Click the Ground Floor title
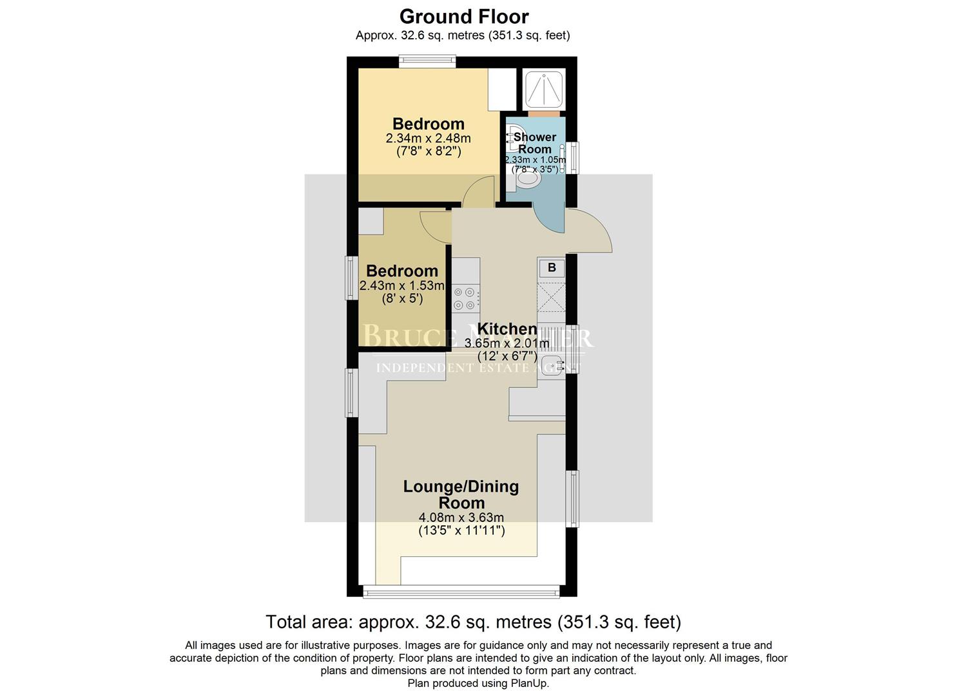(464, 16)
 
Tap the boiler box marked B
(552, 267)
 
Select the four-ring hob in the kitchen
(465, 299)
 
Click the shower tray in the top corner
(544, 90)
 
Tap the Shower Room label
(534, 143)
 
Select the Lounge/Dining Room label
(461, 494)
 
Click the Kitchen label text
(507, 329)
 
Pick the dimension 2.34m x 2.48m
(428, 139)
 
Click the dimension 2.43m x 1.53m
(401, 285)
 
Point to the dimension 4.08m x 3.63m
(461, 517)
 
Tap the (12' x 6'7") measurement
(507, 355)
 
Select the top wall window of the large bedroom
(427, 62)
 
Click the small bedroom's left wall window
(352, 278)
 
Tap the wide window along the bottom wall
(461, 591)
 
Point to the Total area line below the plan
(473, 622)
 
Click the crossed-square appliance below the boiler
(551, 297)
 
